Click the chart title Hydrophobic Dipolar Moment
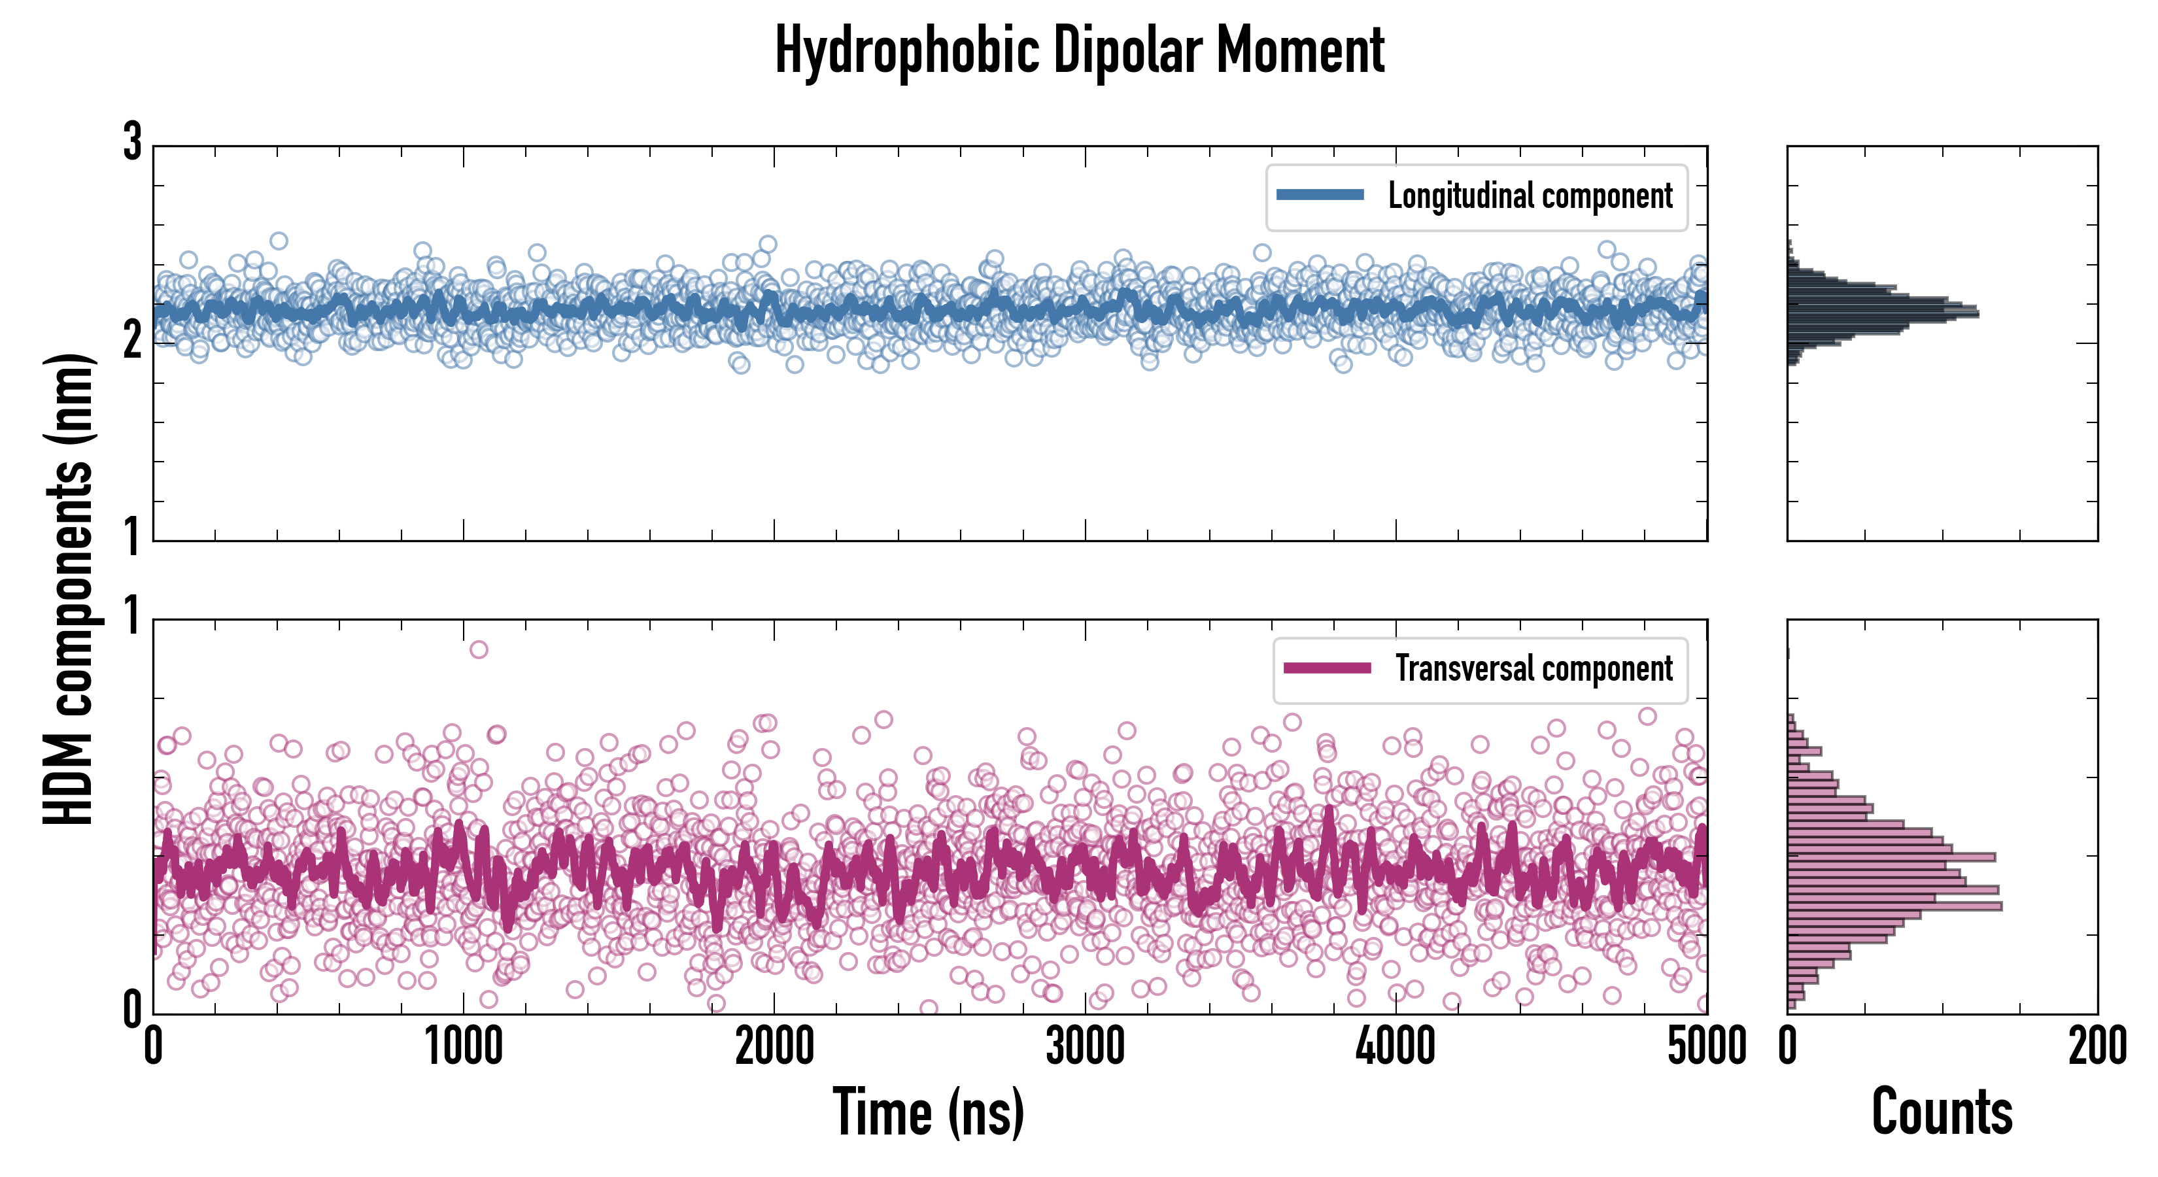coord(1079,50)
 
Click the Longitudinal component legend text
coord(1530,196)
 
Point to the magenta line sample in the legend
coord(1327,668)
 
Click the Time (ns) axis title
coord(928,1112)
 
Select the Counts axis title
coord(1942,1112)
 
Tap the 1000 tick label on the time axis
coord(463,1047)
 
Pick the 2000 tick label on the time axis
coord(774,1047)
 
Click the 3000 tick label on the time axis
coord(1085,1047)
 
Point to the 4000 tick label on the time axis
coord(1396,1047)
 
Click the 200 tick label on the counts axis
coord(2097,1047)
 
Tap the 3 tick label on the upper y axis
coord(132,143)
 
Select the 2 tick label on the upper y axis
coord(132,340)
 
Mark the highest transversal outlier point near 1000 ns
coord(478,649)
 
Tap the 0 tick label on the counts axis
coord(1788,1047)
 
